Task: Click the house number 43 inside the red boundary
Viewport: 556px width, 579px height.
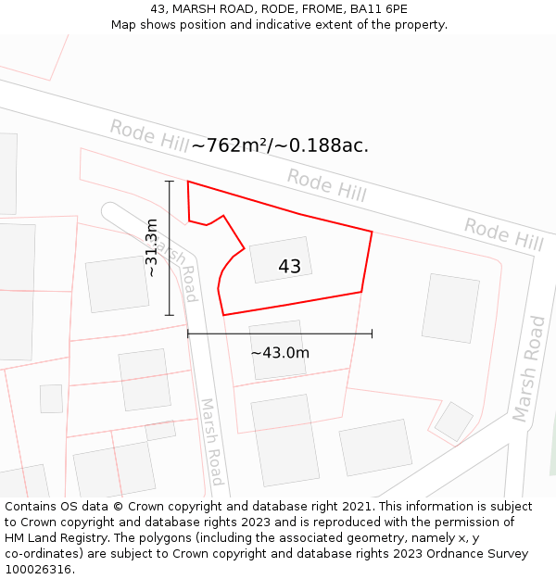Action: click(x=289, y=267)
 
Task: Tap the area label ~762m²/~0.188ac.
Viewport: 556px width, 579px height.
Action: click(x=280, y=145)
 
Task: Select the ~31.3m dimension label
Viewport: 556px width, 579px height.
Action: click(x=152, y=247)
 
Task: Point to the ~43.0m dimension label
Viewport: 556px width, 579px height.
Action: click(x=280, y=352)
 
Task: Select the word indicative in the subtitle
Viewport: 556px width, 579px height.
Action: click(x=287, y=25)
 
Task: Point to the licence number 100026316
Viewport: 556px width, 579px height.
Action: click(x=40, y=570)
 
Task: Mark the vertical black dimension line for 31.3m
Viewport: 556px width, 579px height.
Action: click(x=169, y=247)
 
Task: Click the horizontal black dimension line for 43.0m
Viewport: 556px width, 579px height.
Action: click(x=280, y=334)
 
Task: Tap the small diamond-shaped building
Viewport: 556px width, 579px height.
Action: click(x=454, y=422)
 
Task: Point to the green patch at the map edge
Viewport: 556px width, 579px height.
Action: click(x=552, y=454)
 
